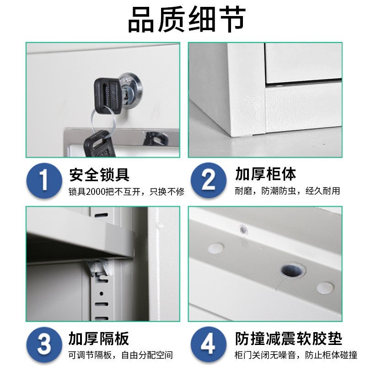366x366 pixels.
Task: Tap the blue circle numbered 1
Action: point(44,180)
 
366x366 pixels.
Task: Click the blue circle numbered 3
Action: point(44,344)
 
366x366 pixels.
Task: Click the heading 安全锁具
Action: point(99,174)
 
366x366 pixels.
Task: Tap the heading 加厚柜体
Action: point(266,174)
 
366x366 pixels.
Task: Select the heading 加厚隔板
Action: point(99,339)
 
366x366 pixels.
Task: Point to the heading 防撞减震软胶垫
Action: point(289,339)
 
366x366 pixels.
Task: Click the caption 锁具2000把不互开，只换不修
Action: point(126,191)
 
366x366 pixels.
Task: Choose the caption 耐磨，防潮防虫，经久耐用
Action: point(287,191)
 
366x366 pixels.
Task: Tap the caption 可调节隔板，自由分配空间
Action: point(121,355)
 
